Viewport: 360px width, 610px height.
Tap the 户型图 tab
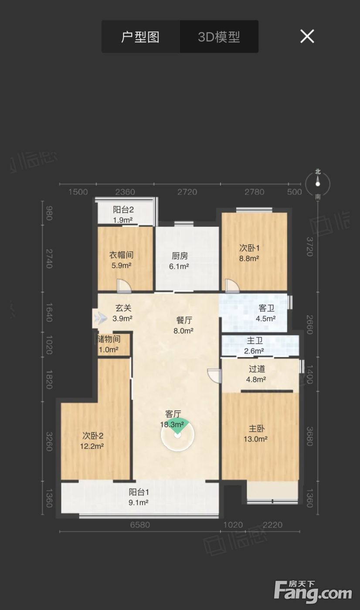140,37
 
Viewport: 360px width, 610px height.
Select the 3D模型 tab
219,37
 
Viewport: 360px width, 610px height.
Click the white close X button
307,36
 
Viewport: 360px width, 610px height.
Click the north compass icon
318,184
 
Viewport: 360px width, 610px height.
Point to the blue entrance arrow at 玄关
101,318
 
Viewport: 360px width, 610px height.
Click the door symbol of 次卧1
232,286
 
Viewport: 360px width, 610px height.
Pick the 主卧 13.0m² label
256,434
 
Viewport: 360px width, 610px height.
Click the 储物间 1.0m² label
109,344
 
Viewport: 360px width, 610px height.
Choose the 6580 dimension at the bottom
140,525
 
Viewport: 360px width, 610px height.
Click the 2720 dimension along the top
187,192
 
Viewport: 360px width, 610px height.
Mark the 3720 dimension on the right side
310,247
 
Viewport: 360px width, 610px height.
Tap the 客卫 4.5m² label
266,313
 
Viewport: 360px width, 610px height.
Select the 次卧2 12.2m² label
92,441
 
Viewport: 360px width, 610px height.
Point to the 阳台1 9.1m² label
139,497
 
